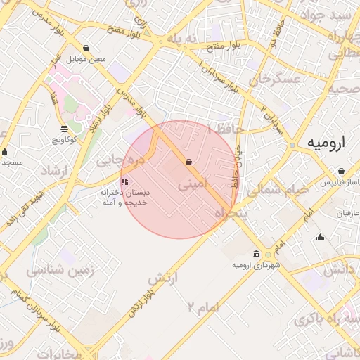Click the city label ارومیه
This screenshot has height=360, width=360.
[327, 143]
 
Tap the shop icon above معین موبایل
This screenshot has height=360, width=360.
[86, 49]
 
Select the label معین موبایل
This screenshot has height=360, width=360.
[86, 59]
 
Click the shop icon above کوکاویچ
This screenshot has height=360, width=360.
[65, 129]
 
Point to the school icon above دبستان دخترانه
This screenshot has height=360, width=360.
[125, 181]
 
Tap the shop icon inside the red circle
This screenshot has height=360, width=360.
[188, 162]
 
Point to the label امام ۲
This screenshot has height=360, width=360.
[204, 305]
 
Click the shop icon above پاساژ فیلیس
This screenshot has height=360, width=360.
[341, 172]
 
